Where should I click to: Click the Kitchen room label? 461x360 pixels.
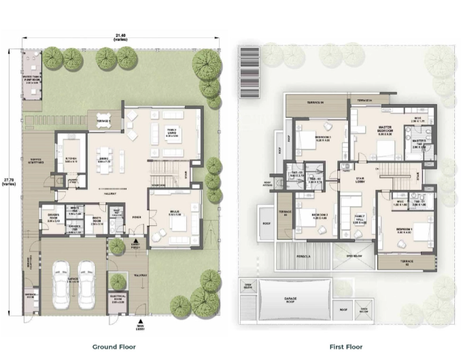pyautogui.click(x=71, y=161)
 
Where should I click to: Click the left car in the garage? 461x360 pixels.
pyautogui.click(x=61, y=281)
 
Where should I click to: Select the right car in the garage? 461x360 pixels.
pyautogui.click(x=86, y=281)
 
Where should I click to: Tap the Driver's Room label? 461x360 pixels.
pyautogui.click(x=53, y=220)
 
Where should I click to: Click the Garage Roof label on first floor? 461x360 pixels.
pyautogui.click(x=293, y=299)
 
